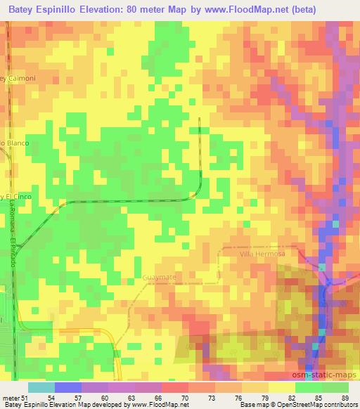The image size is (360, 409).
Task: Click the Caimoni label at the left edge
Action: (x=18, y=78)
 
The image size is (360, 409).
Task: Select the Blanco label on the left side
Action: (x=14, y=143)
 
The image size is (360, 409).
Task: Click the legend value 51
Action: (x=25, y=397)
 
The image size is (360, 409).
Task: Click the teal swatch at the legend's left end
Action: (x=41, y=387)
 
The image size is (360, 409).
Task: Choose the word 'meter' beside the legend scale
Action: (x=11, y=397)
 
